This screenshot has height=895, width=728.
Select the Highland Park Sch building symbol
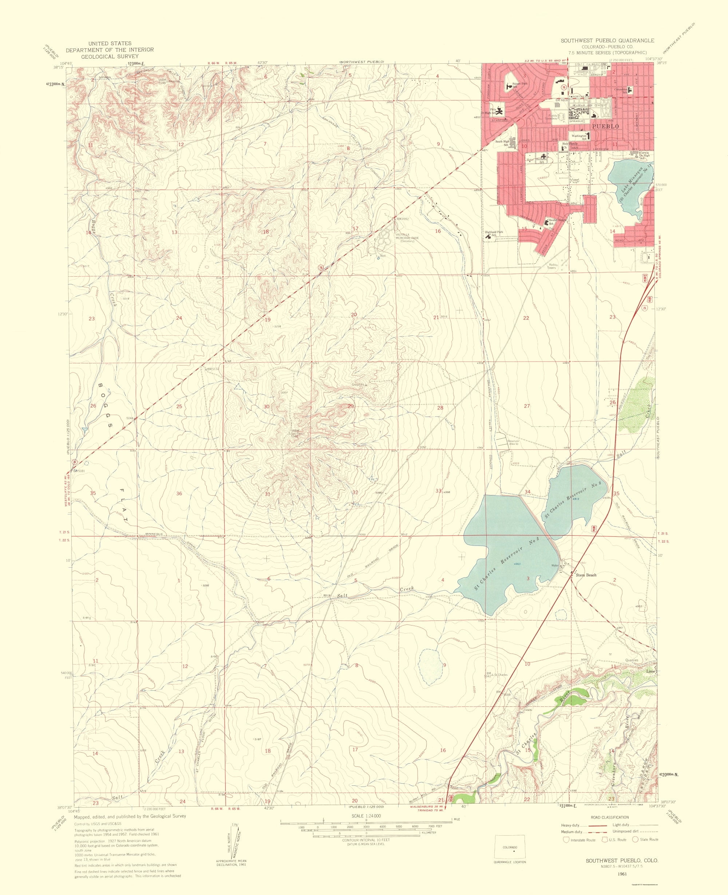[x=488, y=237]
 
